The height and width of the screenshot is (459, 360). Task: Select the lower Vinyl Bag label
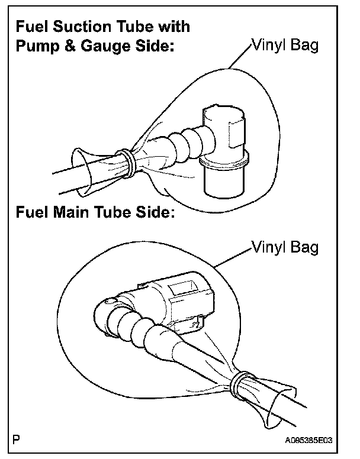[285, 247]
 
